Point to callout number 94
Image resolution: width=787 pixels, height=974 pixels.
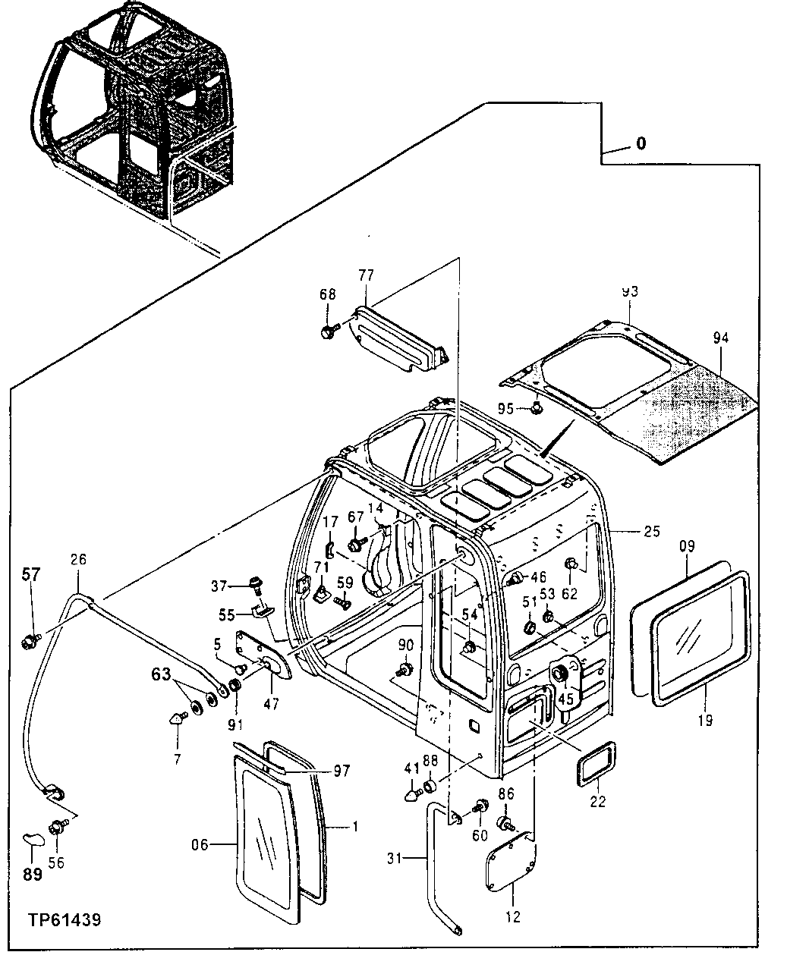(719, 338)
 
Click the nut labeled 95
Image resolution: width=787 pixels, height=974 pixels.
(536, 409)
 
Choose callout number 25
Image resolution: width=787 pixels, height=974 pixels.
(652, 532)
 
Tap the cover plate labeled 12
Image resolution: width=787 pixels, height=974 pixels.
(509, 862)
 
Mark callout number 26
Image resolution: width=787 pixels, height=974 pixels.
(78, 560)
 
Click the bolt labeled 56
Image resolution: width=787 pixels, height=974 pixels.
(56, 828)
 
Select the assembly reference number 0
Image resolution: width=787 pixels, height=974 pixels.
(641, 143)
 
